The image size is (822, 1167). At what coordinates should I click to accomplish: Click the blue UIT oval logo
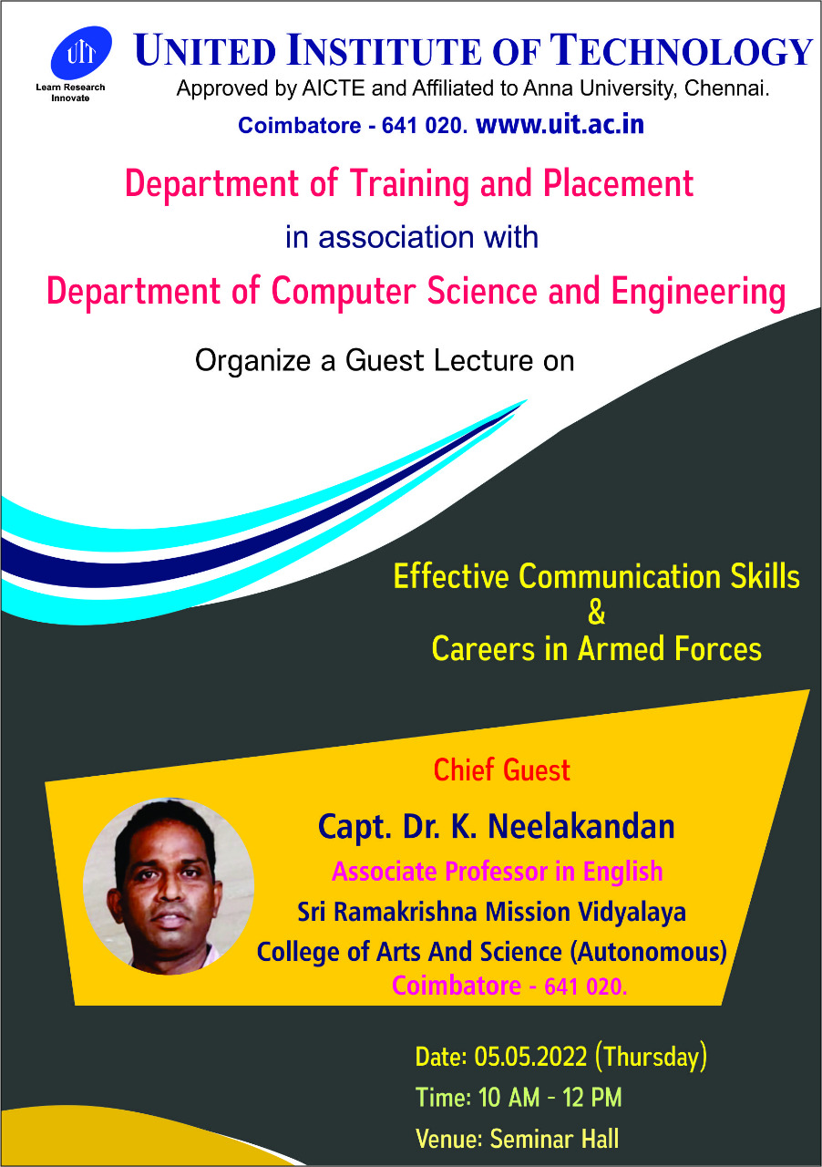click(81, 53)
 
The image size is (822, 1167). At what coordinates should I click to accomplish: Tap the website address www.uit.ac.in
click(560, 125)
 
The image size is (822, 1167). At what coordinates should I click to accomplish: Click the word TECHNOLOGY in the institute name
click(682, 51)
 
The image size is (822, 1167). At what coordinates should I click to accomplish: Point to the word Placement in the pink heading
click(619, 183)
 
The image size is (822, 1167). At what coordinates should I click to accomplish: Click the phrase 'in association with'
click(412, 238)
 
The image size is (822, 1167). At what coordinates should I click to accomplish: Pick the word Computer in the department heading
click(344, 292)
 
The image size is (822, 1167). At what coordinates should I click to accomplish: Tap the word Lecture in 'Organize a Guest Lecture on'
click(484, 360)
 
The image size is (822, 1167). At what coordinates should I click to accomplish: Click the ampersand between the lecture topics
click(596, 613)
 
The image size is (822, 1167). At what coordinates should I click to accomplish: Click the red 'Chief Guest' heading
click(502, 770)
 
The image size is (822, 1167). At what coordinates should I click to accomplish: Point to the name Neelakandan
click(581, 827)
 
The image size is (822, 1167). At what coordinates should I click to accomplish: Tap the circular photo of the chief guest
click(169, 886)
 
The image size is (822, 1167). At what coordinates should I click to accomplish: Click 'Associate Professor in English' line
click(498, 872)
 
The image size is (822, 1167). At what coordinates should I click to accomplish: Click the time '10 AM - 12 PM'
click(550, 1098)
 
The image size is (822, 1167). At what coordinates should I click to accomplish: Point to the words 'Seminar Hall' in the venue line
click(555, 1140)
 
